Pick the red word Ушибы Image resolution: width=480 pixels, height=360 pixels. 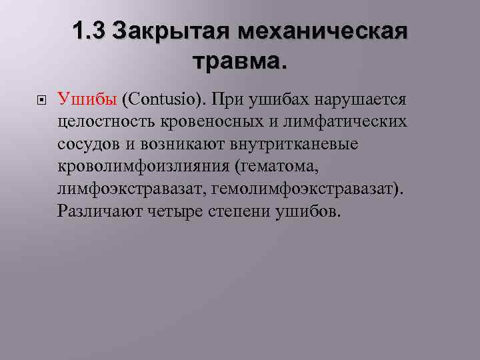(x=87, y=100)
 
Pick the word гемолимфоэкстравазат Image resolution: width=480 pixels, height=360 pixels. (x=307, y=189)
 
